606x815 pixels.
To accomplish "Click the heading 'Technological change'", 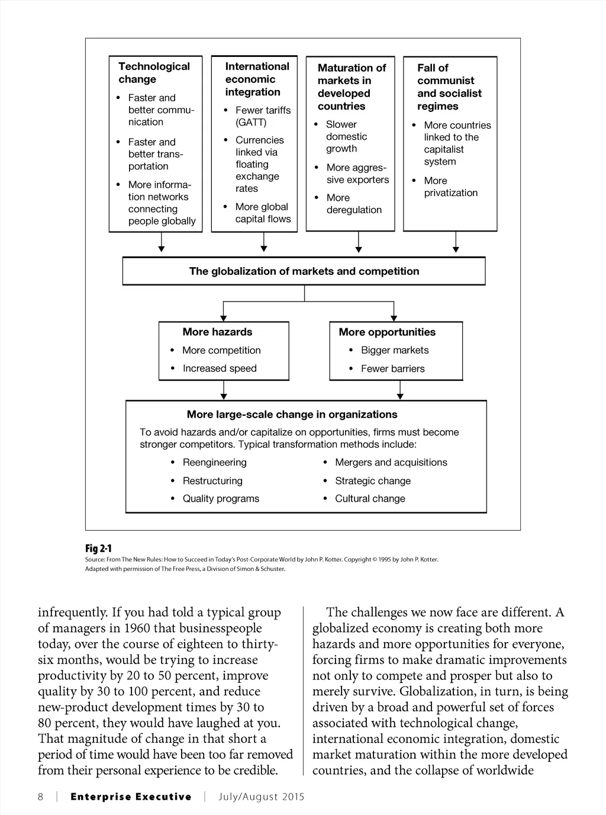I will click(x=154, y=73).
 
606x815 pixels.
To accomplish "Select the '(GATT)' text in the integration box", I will click(x=251, y=122).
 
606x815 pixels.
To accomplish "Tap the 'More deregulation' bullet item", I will click(x=354, y=204).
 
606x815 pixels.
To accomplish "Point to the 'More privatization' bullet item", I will click(x=450, y=187).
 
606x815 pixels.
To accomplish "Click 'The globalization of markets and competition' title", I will click(x=304, y=271).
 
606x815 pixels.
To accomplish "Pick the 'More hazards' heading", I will click(x=217, y=332).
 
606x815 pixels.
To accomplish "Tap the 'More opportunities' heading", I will click(x=387, y=332).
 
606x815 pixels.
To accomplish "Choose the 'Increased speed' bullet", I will click(x=220, y=368).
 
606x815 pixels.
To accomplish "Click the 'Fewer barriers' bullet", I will click(x=393, y=368).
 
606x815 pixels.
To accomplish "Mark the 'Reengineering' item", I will click(x=214, y=462).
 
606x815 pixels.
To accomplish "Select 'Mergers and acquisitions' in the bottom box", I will click(x=391, y=462).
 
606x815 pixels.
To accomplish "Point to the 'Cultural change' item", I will click(x=370, y=499).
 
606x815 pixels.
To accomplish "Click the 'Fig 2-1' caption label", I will click(x=98, y=548).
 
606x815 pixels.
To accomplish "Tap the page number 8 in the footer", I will click(x=40, y=797).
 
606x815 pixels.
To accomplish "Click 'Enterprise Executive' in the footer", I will click(x=131, y=797).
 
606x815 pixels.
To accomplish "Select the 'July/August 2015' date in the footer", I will click(x=261, y=797).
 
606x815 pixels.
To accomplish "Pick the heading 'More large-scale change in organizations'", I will click(x=292, y=415).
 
